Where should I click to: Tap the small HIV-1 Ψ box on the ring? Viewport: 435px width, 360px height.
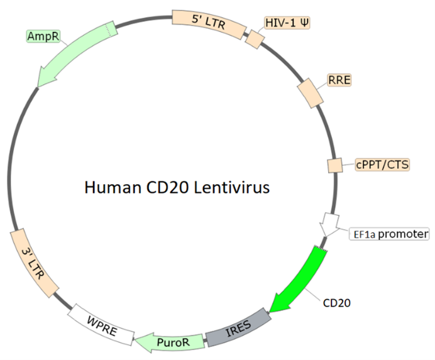coord(254,39)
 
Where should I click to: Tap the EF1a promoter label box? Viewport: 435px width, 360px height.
coord(389,234)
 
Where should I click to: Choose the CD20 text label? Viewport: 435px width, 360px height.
coord(336,302)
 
